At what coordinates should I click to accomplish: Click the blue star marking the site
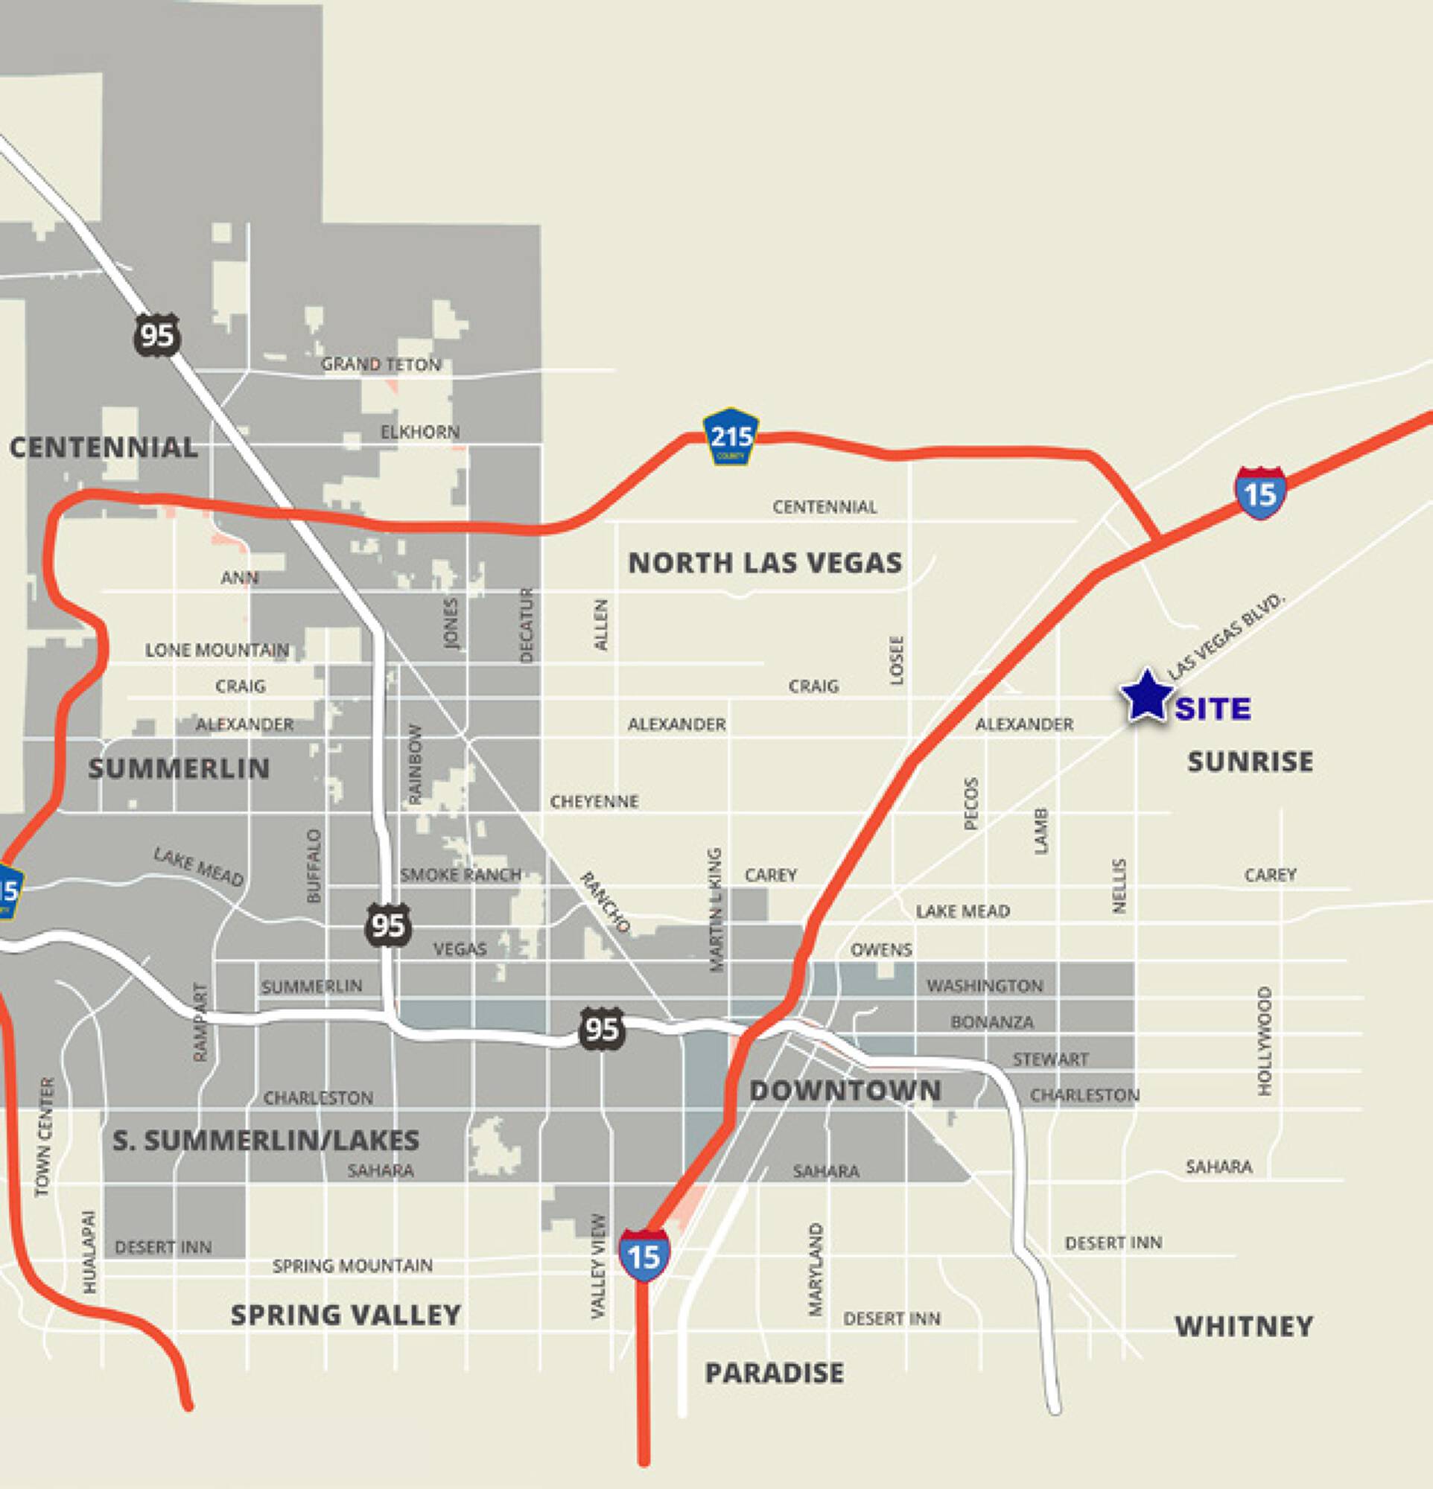tap(1145, 696)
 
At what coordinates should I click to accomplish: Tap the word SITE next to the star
tap(1213, 710)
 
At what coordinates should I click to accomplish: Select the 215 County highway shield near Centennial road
tap(731, 437)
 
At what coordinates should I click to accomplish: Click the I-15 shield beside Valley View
tap(644, 1256)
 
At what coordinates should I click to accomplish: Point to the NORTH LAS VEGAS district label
tap(765, 563)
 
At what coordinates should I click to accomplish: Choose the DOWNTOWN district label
tap(845, 1091)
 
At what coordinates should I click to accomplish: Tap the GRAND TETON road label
tap(381, 365)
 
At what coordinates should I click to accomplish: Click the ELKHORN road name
tap(419, 433)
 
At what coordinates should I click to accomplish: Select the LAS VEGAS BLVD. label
tap(1224, 635)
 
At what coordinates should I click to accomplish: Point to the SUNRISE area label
tap(1250, 761)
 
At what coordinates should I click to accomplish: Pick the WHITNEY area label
tap(1244, 1327)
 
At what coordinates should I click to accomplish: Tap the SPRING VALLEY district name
tap(346, 1315)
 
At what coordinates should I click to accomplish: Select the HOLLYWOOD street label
tap(1265, 1040)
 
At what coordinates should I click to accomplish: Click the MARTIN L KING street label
tap(715, 909)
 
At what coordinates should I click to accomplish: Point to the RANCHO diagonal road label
tap(606, 902)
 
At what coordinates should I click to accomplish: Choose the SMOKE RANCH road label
tap(460, 874)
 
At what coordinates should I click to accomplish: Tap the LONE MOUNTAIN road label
tap(217, 650)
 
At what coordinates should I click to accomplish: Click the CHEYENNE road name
tap(594, 802)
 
